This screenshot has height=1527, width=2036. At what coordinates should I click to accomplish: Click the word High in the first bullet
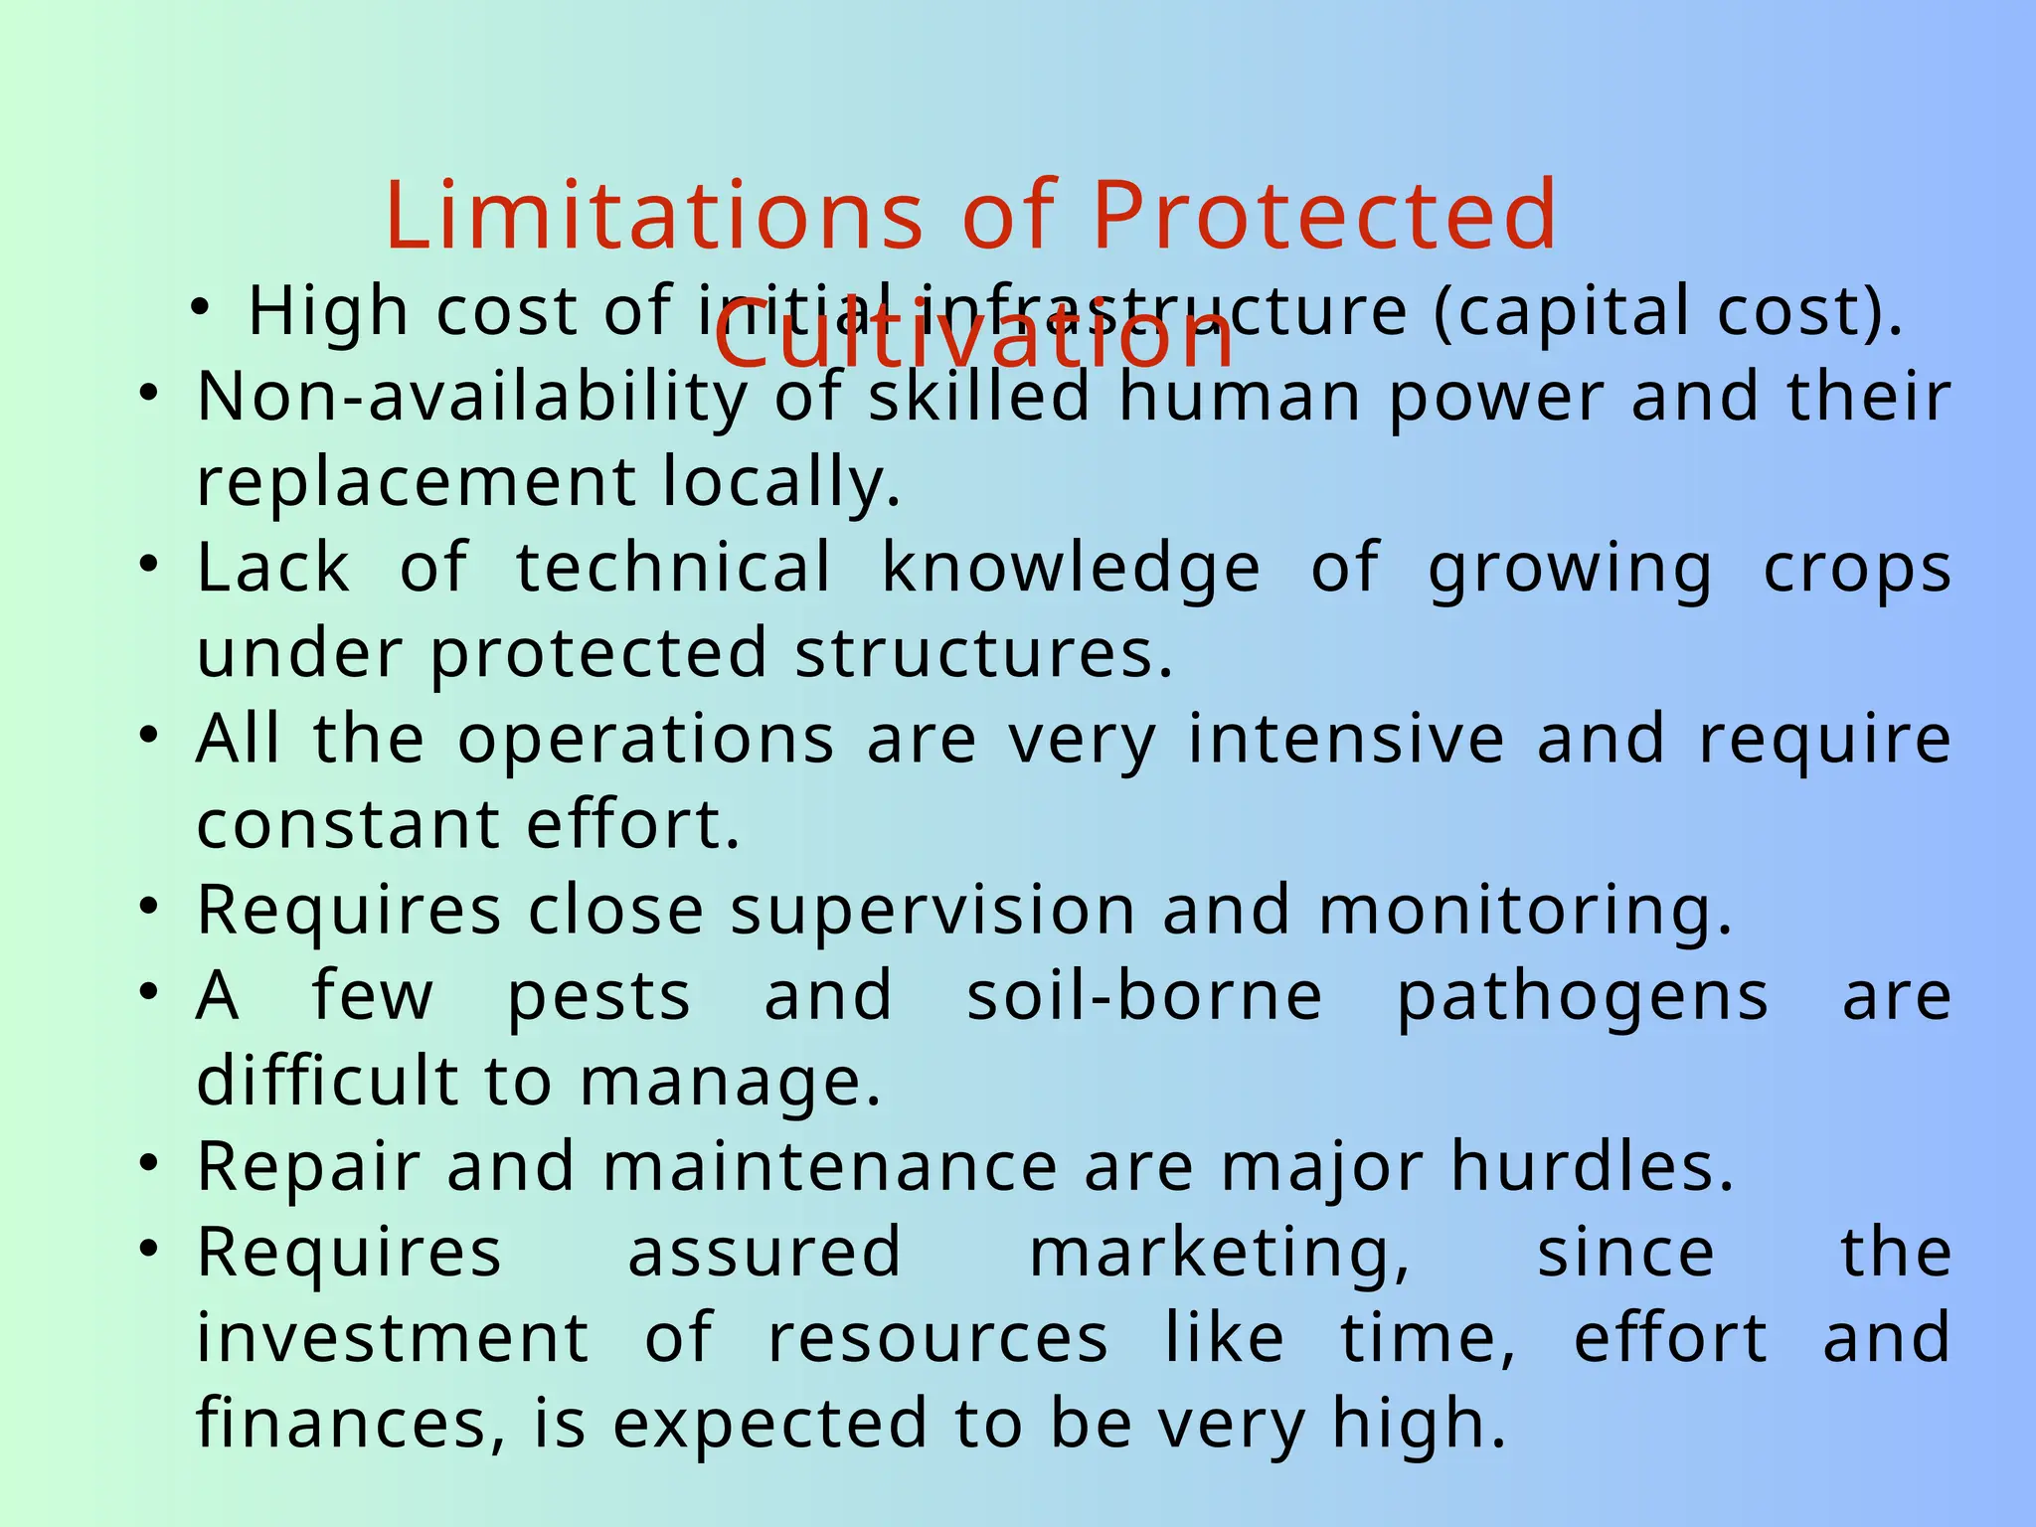point(328,312)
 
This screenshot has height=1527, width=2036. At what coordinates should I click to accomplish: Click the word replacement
point(417,483)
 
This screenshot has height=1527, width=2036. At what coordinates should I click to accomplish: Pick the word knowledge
point(1072,569)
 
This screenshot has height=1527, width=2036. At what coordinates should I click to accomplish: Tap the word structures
point(984,654)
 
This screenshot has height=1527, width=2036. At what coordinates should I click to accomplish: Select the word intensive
point(1347,740)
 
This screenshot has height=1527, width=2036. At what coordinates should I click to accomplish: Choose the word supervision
point(933,911)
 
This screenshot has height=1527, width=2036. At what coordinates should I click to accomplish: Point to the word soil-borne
point(1144,996)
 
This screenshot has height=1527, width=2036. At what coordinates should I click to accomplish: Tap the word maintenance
point(830,1167)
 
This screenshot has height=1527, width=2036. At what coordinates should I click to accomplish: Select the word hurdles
point(1592,1167)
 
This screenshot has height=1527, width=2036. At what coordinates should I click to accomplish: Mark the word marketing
point(1219,1253)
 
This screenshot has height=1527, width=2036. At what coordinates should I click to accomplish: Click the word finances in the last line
point(351,1424)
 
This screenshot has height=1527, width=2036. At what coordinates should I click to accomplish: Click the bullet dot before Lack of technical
point(149,565)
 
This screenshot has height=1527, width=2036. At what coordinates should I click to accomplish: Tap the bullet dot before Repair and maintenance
point(149,1163)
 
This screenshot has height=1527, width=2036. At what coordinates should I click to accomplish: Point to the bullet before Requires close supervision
point(149,907)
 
